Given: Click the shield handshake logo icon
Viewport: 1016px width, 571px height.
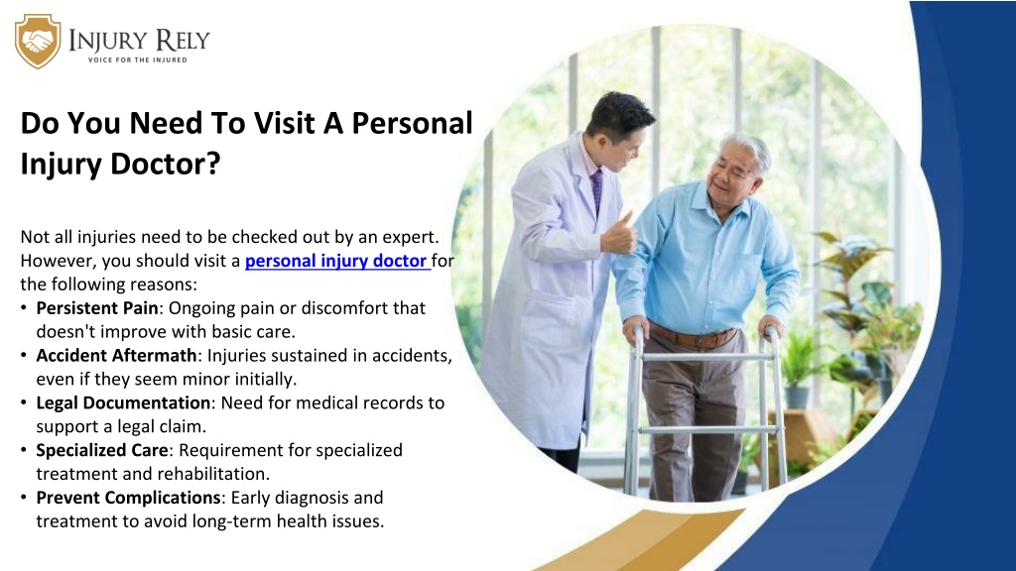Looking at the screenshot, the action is coord(38,42).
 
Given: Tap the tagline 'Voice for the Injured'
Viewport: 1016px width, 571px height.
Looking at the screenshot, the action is coord(137,59).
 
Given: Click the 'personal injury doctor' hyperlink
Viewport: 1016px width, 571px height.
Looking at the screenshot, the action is coord(337,261).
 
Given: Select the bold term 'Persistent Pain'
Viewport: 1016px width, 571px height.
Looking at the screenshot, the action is coord(97,307).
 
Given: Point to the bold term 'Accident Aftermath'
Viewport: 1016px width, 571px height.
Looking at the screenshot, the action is coord(117,356).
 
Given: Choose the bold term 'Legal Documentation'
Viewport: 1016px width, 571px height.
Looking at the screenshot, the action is coord(123,402).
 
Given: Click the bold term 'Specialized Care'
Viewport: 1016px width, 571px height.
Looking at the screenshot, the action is coord(102,451).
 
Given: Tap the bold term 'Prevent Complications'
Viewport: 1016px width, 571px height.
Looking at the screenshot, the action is coord(128,498).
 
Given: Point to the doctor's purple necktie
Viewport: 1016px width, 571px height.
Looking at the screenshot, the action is coord(596,190).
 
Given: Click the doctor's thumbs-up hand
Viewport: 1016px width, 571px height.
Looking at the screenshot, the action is coord(619,234).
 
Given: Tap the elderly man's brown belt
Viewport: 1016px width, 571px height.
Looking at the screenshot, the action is coord(694,336).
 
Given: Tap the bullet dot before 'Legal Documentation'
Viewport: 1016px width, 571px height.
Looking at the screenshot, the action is coord(24,402).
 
